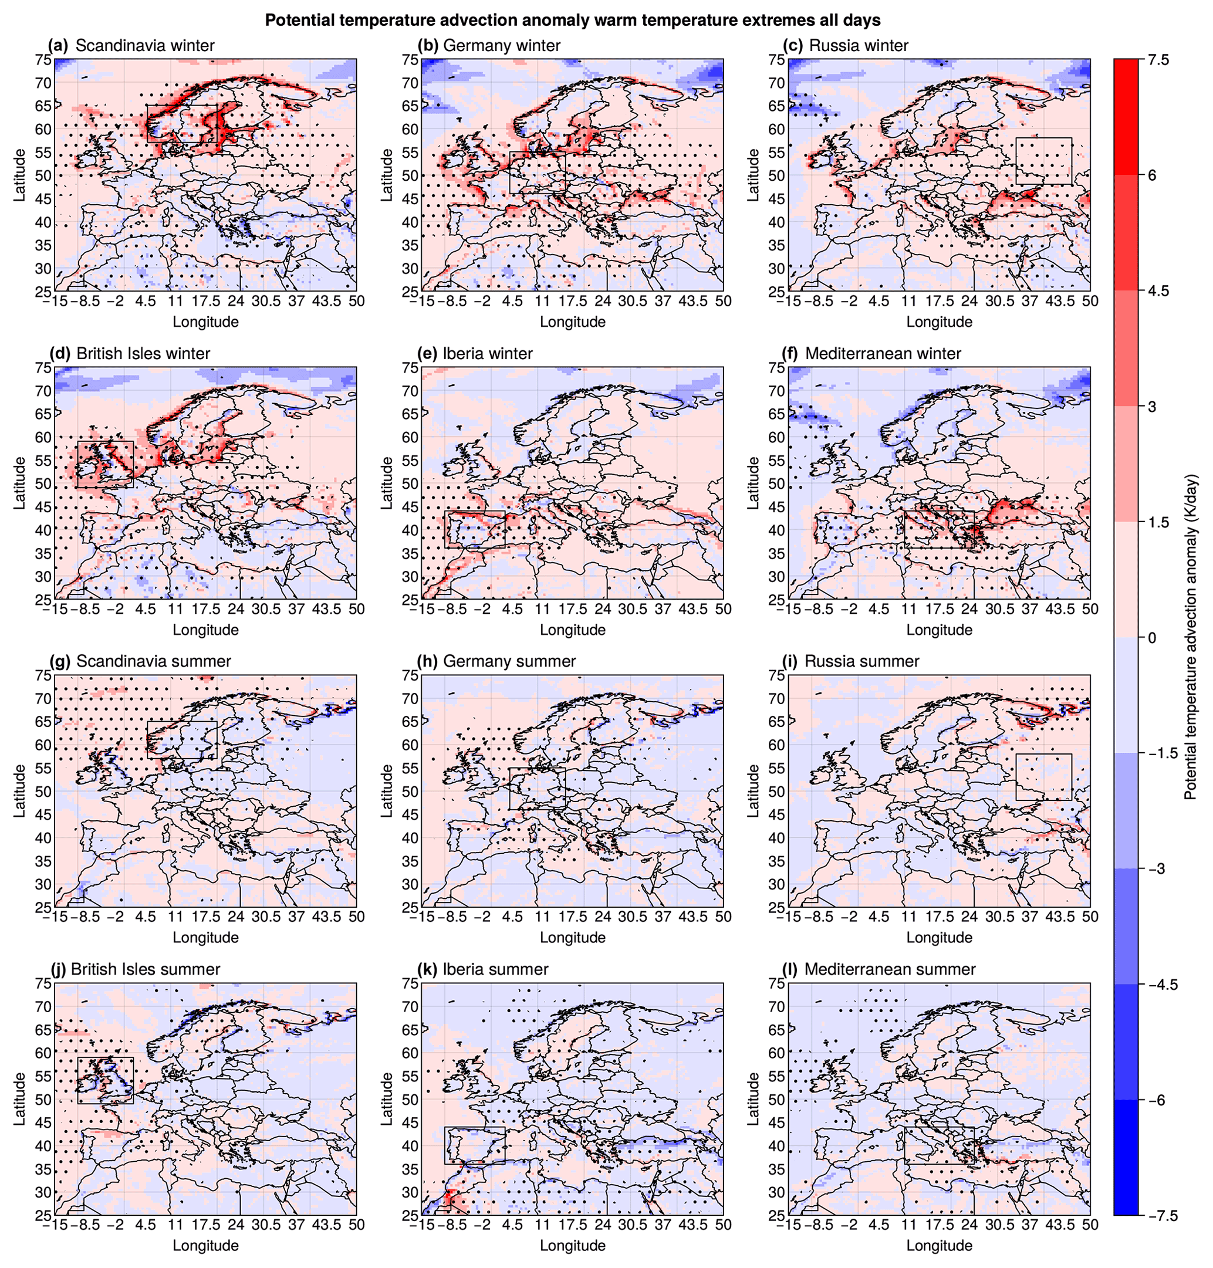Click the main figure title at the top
pos(572,21)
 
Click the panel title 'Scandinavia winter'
pos(145,46)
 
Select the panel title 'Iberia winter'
pos(488,354)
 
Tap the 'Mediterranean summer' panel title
pos(890,969)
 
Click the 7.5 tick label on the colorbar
pos(1158,60)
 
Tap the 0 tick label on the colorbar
pos(1152,638)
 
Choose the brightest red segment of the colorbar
pos(1126,117)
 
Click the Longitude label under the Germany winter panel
pos(572,322)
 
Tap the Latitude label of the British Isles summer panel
pos(20,1099)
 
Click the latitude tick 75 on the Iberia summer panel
pos(411,983)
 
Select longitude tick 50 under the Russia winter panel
pos(1090,302)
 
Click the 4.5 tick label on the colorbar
pos(1158,291)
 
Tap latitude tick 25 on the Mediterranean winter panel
pos(776,600)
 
